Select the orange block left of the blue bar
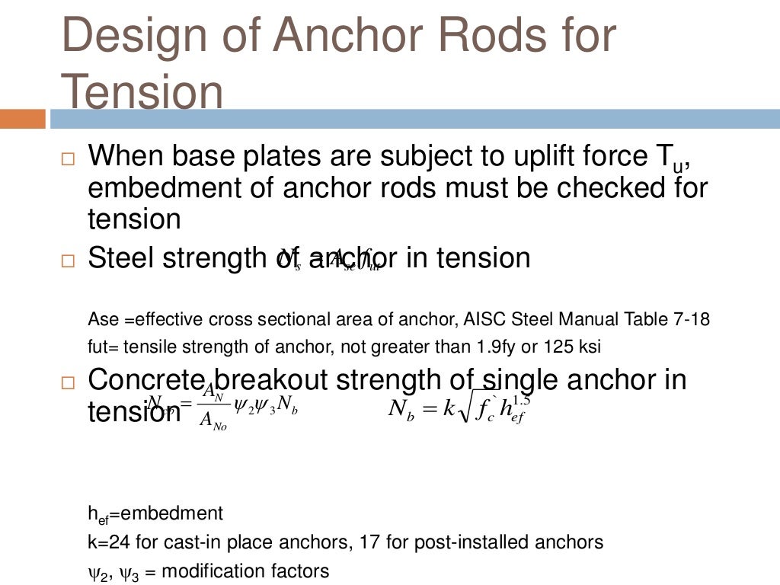[x=23, y=119]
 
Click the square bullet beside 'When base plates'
[x=68, y=161]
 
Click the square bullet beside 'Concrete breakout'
[x=68, y=383]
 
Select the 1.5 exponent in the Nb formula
[x=521, y=400]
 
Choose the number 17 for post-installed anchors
[x=412, y=542]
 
